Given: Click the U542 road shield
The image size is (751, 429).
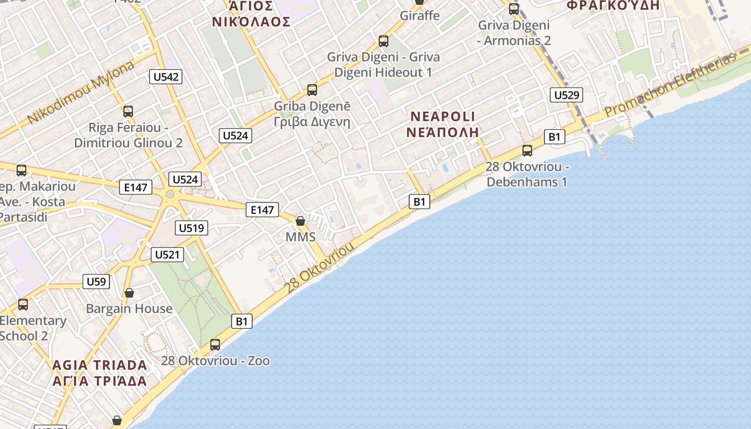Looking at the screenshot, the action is [166, 77].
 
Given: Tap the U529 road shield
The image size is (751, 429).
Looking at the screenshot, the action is [566, 95].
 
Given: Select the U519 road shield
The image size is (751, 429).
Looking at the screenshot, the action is [192, 228].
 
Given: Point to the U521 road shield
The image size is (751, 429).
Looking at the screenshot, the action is [167, 254].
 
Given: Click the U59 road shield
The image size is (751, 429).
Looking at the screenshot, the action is [97, 281].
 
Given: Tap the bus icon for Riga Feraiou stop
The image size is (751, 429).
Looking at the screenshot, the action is [128, 112].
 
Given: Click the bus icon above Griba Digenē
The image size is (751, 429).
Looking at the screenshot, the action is [312, 90].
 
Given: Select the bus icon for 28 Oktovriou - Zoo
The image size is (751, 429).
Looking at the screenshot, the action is [215, 345].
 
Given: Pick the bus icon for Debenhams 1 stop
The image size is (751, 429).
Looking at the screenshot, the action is [527, 151].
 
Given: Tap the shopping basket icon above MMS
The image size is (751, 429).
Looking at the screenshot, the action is [300, 221].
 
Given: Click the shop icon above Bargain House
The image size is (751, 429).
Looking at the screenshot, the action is [129, 293].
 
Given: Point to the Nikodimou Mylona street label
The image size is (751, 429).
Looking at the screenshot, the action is [80, 92].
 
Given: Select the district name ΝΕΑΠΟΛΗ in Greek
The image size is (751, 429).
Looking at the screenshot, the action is [442, 132].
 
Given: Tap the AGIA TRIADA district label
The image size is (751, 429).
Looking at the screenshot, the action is [99, 365].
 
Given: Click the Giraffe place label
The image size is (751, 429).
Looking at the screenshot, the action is [419, 16].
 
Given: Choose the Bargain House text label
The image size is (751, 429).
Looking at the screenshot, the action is [129, 309].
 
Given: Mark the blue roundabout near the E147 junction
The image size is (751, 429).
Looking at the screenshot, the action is [171, 194].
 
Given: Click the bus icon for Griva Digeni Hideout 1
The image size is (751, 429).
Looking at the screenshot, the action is [384, 41].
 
